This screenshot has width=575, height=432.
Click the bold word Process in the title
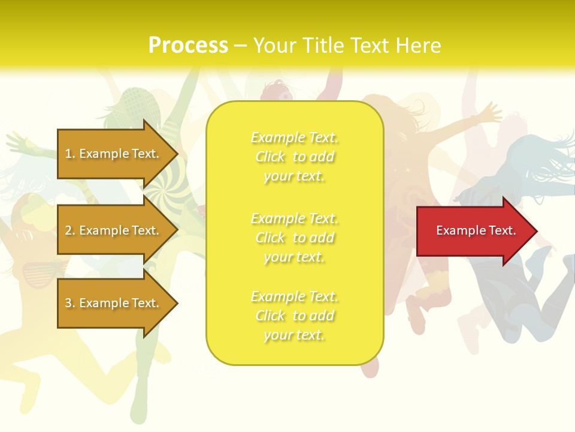click(x=188, y=46)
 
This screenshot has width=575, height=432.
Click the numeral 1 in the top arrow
click(x=68, y=154)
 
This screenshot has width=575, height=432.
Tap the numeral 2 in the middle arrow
click(x=68, y=230)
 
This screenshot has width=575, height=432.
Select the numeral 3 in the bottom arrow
click(x=68, y=303)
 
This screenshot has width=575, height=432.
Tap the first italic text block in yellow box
click(x=295, y=157)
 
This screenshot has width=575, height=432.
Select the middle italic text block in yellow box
click(x=295, y=238)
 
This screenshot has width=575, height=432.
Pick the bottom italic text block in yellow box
click(x=295, y=316)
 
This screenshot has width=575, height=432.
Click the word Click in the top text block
click(x=271, y=157)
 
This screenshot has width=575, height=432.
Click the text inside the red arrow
click(x=476, y=230)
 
